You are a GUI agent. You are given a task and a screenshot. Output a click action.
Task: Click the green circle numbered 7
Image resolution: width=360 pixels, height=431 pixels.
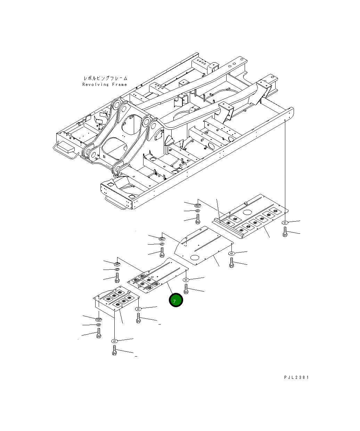175,301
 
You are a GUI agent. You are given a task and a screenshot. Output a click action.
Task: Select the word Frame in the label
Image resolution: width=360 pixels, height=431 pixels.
119,85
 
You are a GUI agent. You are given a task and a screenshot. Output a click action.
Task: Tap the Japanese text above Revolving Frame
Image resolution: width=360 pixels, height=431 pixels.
105,78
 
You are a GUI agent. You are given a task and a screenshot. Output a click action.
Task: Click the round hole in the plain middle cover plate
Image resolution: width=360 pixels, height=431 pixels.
195,258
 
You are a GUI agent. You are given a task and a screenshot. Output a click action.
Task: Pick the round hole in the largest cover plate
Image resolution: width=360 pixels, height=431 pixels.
247,212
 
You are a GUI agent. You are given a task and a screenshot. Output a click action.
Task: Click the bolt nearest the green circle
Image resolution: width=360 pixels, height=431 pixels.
186,289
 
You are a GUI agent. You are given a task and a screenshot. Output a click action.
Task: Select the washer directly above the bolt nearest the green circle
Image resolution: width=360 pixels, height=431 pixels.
186,279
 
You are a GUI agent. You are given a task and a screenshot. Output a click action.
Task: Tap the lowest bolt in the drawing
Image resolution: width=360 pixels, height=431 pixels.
114,350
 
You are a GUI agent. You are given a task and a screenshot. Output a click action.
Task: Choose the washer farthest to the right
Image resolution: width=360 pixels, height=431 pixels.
285,222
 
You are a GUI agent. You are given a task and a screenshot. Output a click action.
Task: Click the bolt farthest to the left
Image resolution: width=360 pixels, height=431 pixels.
99,333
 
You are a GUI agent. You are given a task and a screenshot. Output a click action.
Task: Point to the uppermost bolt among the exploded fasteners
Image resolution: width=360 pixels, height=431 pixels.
197,219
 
